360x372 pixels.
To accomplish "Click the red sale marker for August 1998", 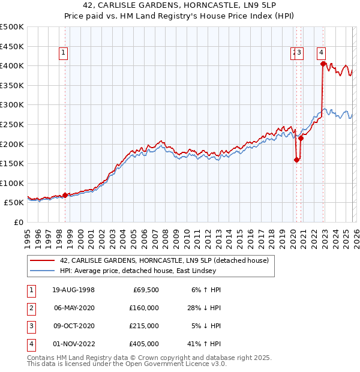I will pos(65,195).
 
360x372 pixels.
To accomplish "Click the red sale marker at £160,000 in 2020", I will pos(296,160).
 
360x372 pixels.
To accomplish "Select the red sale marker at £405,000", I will pos(323,64).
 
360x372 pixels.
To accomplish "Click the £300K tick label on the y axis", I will pos(12,104).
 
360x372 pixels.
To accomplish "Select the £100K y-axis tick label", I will pos(12,183).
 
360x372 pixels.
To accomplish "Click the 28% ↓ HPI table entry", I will pos(204,308).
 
